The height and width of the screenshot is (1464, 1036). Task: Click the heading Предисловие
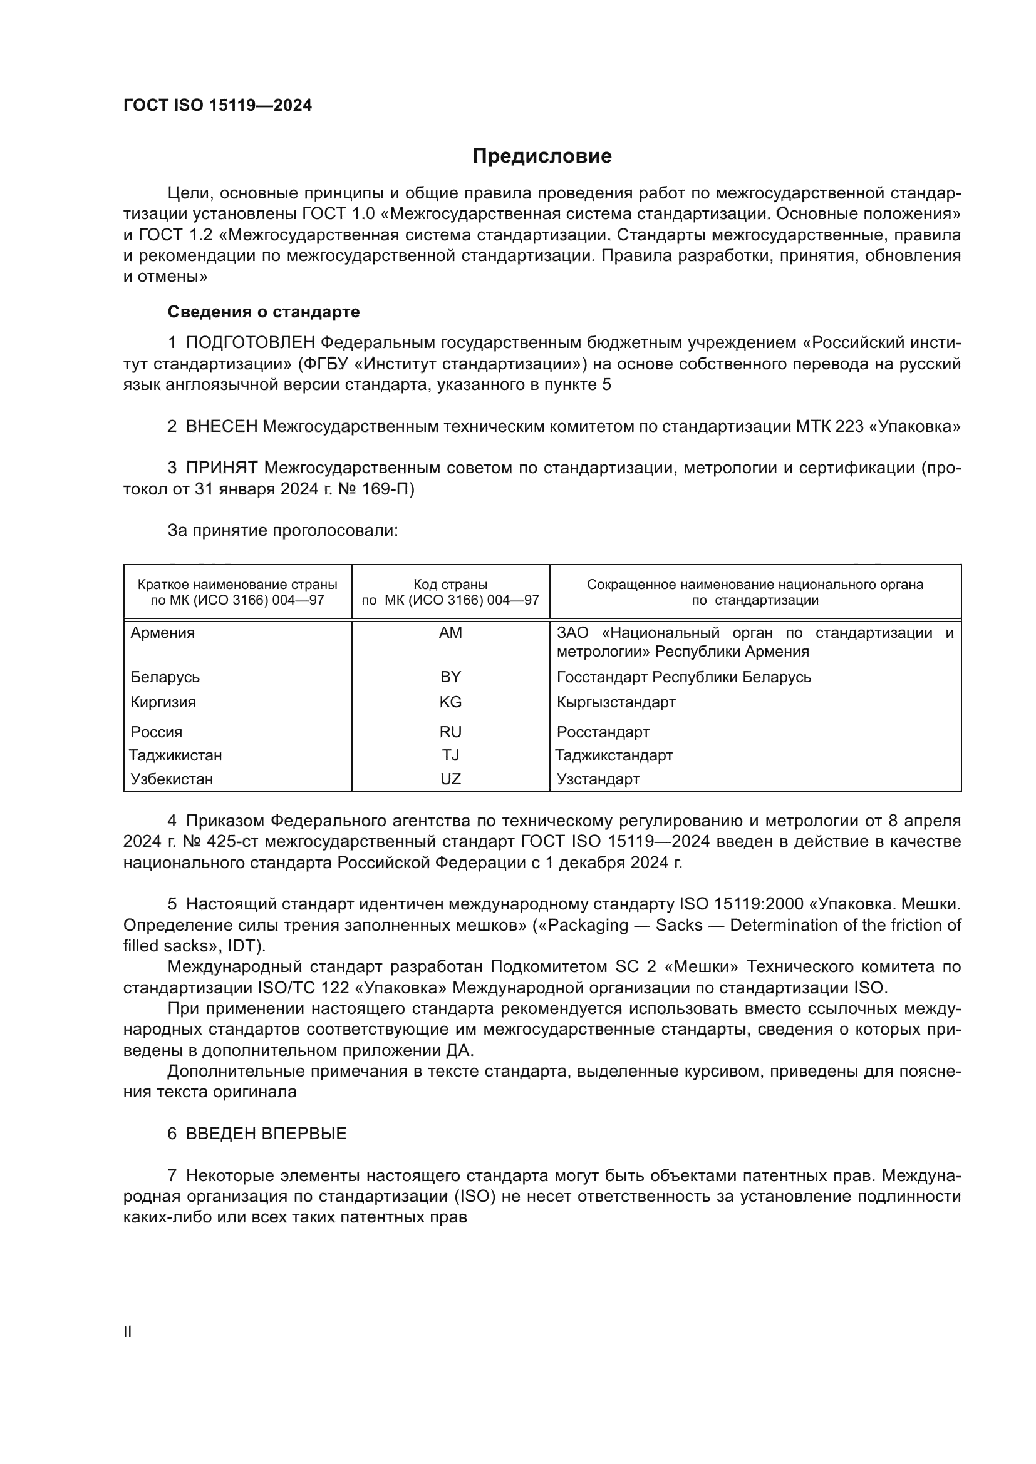[542, 156]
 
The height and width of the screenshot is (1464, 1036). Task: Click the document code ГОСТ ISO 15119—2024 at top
[217, 106]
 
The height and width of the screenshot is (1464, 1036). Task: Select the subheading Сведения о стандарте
[264, 312]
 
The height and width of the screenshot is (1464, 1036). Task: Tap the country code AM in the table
[450, 633]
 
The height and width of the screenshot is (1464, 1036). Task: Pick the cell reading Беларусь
[165, 677]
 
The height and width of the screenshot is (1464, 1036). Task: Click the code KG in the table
[450, 702]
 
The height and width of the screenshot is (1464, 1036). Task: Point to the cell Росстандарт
[603, 732]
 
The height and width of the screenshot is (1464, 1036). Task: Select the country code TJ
[450, 755]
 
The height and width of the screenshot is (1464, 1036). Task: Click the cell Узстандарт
[598, 779]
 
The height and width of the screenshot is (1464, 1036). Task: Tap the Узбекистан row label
[172, 779]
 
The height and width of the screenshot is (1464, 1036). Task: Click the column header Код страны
[450, 585]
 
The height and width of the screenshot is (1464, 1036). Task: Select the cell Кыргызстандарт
[616, 702]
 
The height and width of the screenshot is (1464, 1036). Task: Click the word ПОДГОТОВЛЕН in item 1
[251, 343]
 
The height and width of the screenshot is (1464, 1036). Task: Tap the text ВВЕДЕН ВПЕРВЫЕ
[266, 1133]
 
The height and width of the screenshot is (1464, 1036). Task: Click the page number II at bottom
[128, 1331]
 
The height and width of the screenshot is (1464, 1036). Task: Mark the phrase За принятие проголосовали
[282, 531]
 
